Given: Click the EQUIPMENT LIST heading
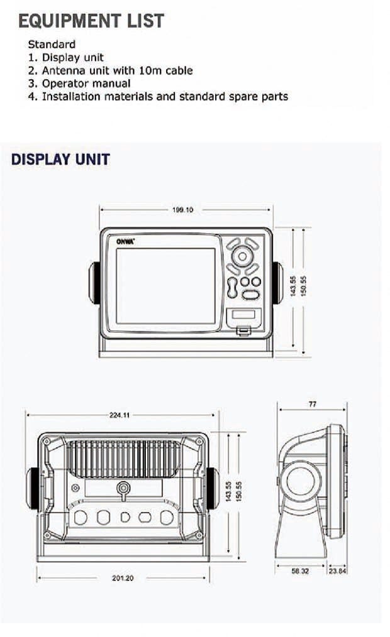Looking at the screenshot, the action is [91, 21].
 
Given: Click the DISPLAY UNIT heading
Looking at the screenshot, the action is [60, 160].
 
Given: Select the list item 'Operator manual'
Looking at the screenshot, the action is [79, 84].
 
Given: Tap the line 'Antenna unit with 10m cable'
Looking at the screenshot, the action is [110, 70].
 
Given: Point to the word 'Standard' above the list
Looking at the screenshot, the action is [52, 44].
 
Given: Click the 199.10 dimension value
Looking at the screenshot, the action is [182, 210].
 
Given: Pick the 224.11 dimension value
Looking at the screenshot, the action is [120, 415].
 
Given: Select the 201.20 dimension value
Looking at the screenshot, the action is [123, 578].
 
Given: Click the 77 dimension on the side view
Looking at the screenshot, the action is [313, 404].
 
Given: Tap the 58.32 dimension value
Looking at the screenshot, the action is [300, 571].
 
